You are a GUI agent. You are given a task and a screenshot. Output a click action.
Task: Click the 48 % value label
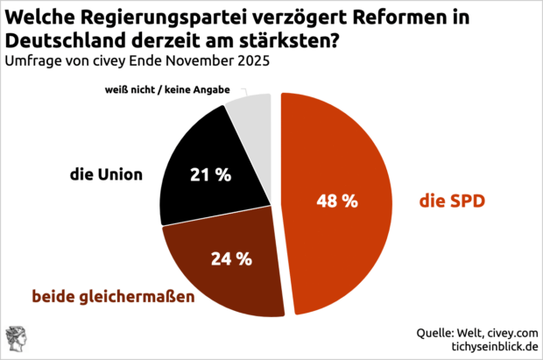coord(336,201)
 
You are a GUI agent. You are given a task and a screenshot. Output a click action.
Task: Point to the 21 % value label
coord(211,174)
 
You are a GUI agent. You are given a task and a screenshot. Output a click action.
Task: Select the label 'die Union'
coord(106,174)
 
